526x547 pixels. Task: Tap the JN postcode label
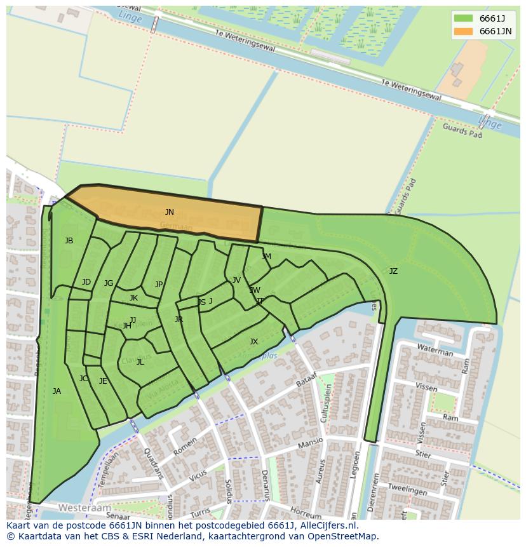coord(170,212)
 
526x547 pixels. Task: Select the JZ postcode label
coord(393,271)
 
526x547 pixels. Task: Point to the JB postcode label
coord(69,241)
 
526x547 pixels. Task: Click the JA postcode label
coord(57,391)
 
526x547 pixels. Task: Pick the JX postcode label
coord(253,342)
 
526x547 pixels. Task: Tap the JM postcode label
coord(266,257)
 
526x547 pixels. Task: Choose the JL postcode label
coord(140,362)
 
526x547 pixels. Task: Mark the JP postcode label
coord(159,285)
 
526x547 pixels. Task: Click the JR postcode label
coord(179,320)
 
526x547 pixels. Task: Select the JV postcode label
coord(236,280)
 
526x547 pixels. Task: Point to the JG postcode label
coord(109,283)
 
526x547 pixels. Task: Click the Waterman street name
coord(435,350)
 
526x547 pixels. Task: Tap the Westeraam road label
coord(84,508)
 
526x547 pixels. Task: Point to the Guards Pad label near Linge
coord(462,131)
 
